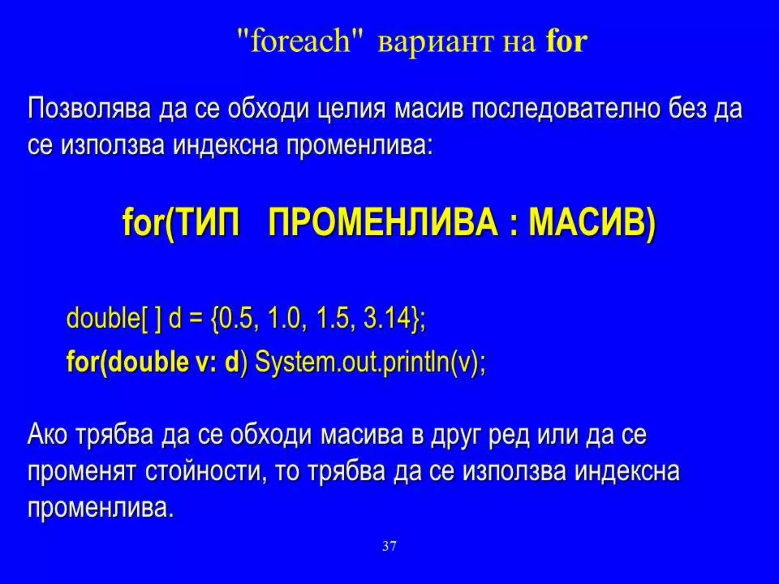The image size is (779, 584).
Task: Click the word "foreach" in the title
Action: click(x=300, y=41)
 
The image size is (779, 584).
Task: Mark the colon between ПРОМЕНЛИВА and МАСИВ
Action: click(x=514, y=224)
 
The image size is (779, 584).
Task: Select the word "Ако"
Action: click(x=47, y=434)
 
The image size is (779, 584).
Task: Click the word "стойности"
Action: click(x=203, y=471)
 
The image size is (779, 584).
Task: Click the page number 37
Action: click(x=389, y=546)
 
